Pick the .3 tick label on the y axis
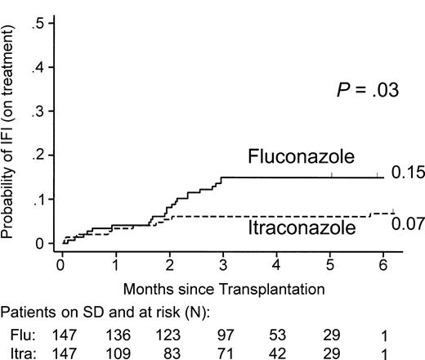click(38, 111)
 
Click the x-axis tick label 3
click(223, 265)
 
